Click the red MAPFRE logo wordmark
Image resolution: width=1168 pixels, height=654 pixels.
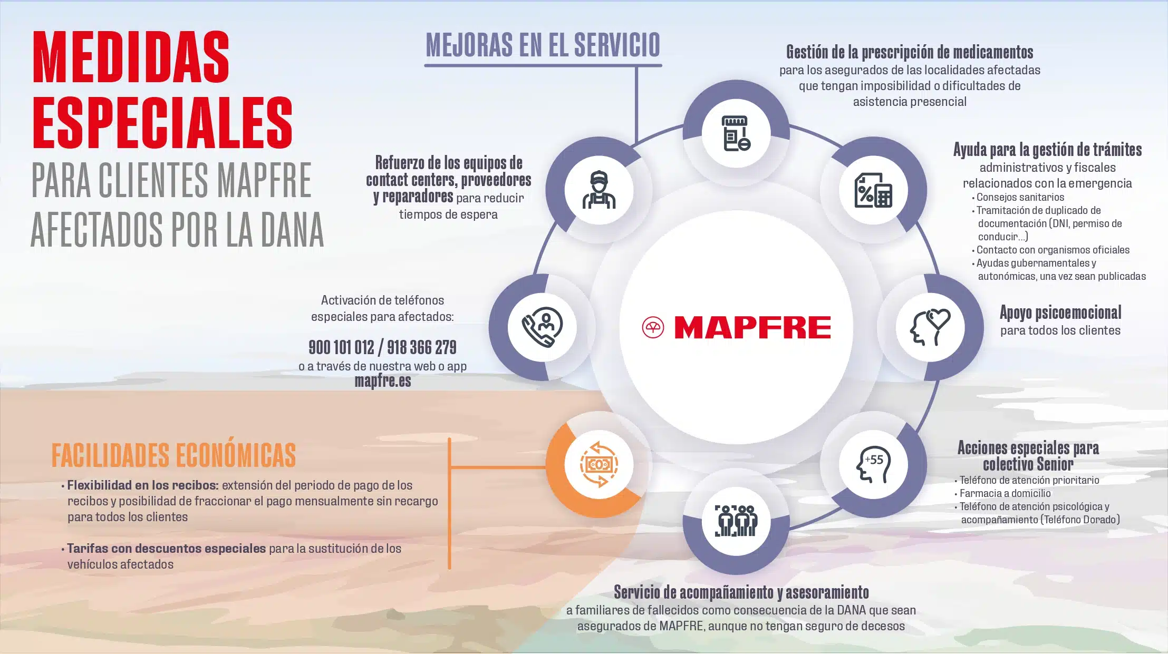[752, 327]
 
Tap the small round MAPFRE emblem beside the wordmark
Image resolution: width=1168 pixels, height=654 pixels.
[653, 328]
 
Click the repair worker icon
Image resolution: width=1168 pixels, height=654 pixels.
[599, 190]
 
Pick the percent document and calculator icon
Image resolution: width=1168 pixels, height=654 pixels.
[873, 190]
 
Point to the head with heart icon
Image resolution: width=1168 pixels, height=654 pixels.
[930, 327]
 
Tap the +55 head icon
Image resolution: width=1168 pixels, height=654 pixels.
[873, 464]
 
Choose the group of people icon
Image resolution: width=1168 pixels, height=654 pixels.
[736, 521]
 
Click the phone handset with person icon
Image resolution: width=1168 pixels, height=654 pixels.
[542, 327]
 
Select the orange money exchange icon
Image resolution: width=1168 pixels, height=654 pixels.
[599, 464]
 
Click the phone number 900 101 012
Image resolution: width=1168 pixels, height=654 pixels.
[341, 347]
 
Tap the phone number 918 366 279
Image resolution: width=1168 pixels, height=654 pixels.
[422, 347]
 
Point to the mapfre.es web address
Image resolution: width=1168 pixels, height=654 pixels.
[382, 381]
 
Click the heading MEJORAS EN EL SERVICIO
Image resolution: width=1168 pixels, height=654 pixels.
[543, 45]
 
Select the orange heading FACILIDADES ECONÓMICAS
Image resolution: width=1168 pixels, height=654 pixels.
[173, 455]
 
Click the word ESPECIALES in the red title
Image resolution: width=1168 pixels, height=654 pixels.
[163, 123]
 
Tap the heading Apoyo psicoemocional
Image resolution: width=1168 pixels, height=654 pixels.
[1060, 313]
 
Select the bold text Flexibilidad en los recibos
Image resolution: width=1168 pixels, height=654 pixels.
[142, 485]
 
